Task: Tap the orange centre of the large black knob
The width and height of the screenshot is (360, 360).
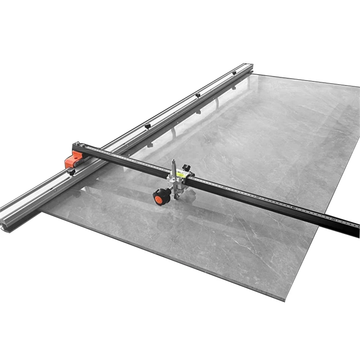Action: [159, 197]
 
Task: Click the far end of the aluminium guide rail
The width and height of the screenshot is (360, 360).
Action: [249, 66]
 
